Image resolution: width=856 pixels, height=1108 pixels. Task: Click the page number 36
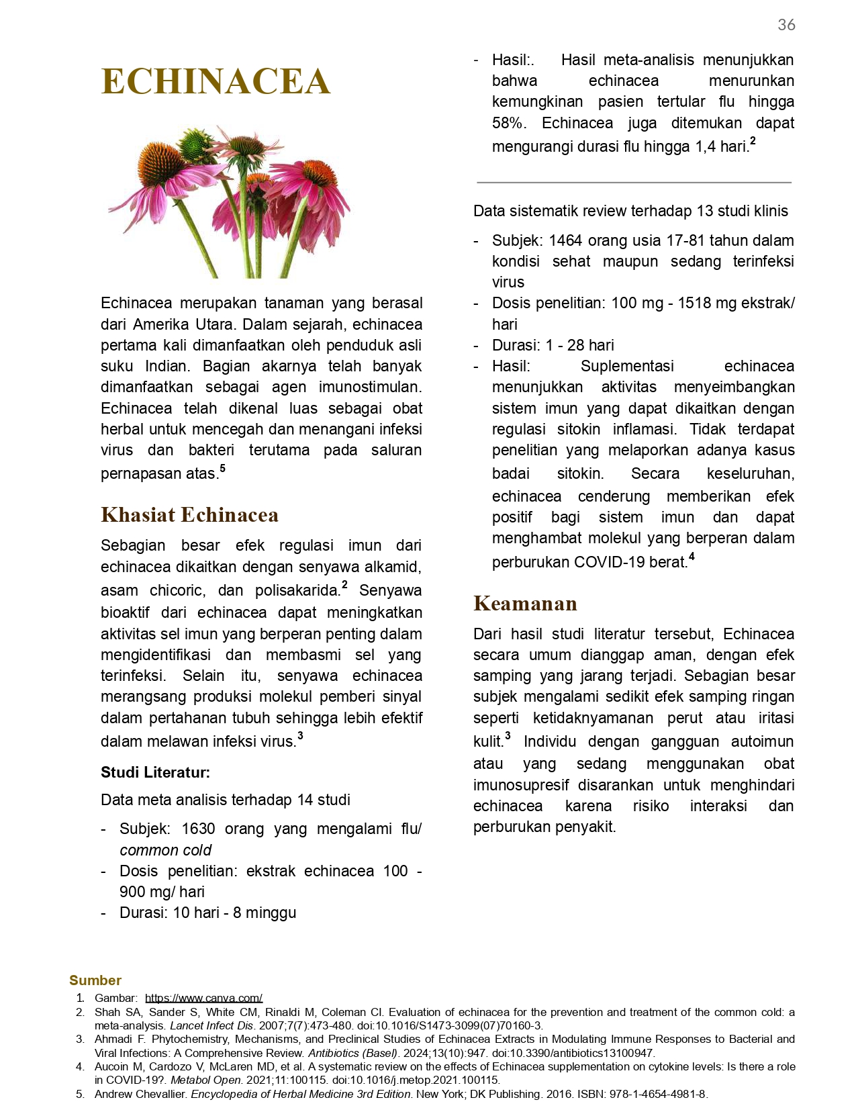click(786, 25)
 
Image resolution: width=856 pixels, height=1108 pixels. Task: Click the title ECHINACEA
click(216, 82)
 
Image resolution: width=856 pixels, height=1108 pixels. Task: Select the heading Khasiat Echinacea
click(189, 515)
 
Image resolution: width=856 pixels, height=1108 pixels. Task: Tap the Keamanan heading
click(525, 604)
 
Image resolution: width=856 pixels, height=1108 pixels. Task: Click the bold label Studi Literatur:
click(155, 772)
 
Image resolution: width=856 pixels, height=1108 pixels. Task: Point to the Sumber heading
click(95, 980)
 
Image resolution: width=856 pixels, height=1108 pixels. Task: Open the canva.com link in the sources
click(203, 998)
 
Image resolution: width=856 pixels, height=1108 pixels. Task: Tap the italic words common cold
click(165, 850)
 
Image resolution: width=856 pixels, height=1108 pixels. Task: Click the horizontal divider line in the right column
click(634, 182)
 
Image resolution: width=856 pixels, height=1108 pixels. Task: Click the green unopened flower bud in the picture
click(194, 142)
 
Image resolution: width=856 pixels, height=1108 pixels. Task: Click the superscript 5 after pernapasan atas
click(222, 469)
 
